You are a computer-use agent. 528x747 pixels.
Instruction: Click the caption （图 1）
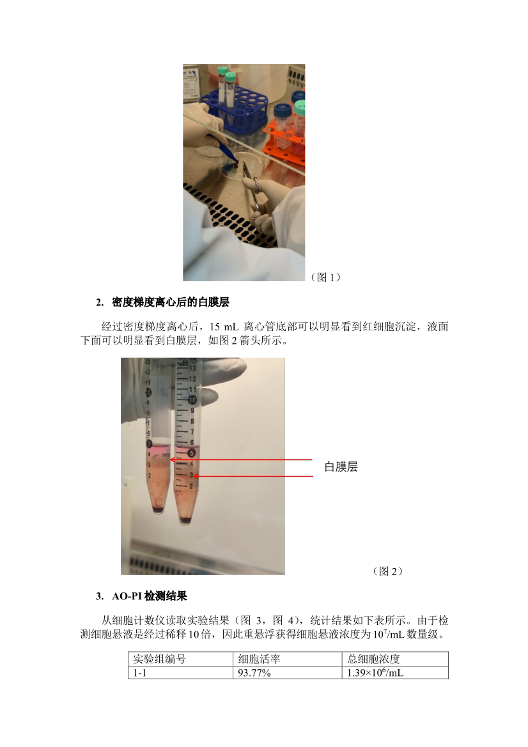point(325,277)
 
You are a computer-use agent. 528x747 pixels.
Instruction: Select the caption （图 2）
point(387,571)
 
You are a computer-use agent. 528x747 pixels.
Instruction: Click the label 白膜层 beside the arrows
point(341,466)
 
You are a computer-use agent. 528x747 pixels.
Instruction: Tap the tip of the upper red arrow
point(171,459)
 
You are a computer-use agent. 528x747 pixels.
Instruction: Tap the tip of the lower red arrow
point(194,476)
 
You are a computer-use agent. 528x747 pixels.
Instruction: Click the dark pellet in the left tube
point(158,510)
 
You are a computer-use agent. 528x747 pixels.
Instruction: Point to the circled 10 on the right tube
point(193,399)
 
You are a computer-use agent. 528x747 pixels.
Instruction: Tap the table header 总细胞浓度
point(373,659)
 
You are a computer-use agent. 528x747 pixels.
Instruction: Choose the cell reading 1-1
point(139,672)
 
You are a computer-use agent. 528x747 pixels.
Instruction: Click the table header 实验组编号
point(159,659)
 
